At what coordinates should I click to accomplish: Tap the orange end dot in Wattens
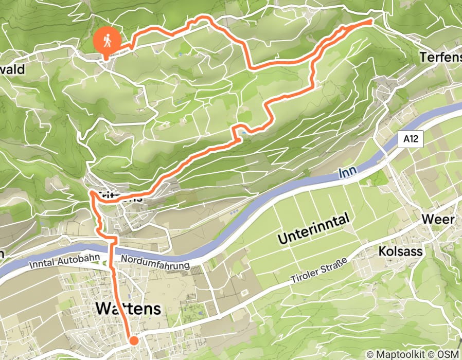(x=134, y=340)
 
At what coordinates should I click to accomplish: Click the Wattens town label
(x=128, y=309)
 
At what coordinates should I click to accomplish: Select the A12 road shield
(x=410, y=138)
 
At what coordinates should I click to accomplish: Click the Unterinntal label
(x=314, y=229)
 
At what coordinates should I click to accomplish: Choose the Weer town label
(x=438, y=220)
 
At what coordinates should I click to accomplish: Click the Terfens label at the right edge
(x=440, y=57)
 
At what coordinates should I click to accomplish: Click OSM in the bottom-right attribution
(x=447, y=354)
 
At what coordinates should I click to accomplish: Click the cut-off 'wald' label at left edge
(x=12, y=69)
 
